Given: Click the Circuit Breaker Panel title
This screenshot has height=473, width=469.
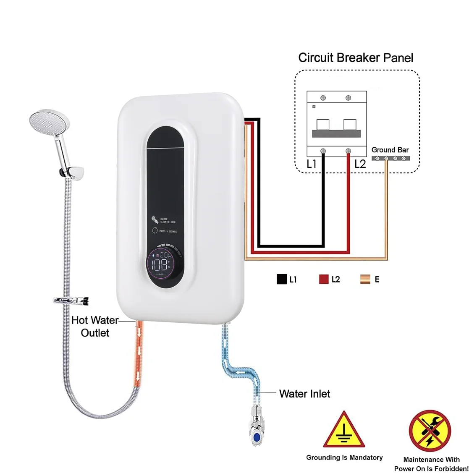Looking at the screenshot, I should [x=356, y=58].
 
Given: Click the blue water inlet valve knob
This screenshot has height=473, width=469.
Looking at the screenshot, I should [x=256, y=438].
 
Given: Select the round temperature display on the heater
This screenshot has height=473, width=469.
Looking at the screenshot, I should [x=165, y=264].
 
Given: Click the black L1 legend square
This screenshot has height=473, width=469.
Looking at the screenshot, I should [x=281, y=279].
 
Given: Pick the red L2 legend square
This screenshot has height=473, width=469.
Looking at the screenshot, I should [x=324, y=279].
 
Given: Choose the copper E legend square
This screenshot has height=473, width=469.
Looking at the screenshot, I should [x=365, y=279].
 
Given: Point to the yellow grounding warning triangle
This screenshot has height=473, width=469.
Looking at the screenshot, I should [x=344, y=431].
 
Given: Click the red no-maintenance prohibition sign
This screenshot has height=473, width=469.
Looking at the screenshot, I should [x=430, y=431].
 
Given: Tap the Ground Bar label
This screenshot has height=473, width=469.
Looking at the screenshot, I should [x=390, y=150].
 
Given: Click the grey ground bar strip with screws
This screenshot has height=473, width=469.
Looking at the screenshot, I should [x=390, y=158].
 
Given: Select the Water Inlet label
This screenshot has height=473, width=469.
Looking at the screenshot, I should [x=304, y=394].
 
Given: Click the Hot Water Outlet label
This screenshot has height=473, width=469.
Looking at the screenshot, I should [x=95, y=326].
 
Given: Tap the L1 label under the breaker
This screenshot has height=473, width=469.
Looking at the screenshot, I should [x=312, y=164].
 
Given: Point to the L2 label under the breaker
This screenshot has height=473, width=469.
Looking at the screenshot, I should [x=360, y=164].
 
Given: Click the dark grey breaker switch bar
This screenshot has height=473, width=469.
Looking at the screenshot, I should [x=336, y=134].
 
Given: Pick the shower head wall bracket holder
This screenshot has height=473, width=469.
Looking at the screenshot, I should [x=72, y=172].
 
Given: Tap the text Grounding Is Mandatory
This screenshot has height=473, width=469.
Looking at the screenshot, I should [x=344, y=457].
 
